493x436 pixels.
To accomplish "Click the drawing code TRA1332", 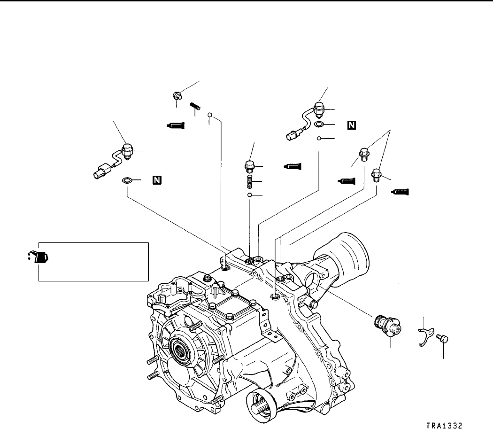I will [x=445, y=426].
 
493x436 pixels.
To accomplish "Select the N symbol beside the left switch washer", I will [x=156, y=180].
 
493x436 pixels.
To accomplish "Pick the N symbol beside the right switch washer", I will [x=351, y=125].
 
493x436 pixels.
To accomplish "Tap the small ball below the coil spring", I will [x=250, y=195].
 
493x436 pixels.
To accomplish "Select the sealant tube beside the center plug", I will [x=292, y=166].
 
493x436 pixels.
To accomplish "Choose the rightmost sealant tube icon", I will [x=400, y=191].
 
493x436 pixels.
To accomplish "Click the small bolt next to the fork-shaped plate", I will [x=443, y=338].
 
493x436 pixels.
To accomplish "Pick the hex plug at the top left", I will [x=177, y=96].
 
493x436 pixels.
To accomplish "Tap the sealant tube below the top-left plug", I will [x=176, y=125].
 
